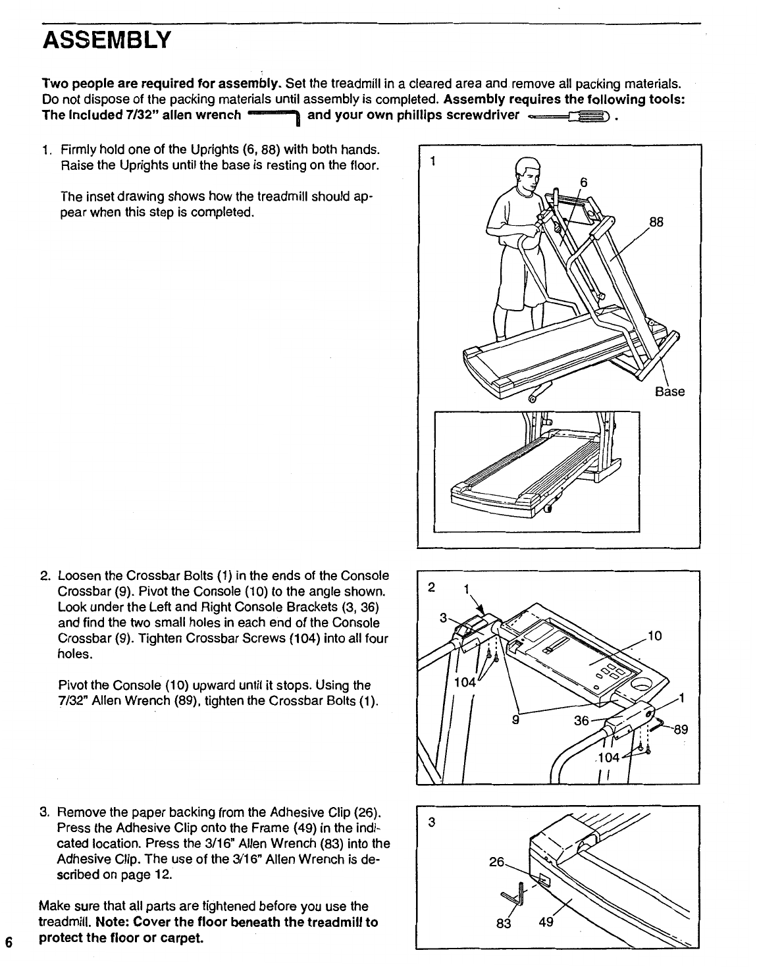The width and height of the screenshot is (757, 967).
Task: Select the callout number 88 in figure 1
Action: (x=656, y=222)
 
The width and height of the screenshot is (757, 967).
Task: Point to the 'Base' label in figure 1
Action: (x=669, y=392)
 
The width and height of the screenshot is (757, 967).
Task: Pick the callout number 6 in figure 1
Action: (x=583, y=182)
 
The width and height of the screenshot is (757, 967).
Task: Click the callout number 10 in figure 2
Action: (x=654, y=635)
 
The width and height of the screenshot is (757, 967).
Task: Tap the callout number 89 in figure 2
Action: (x=681, y=729)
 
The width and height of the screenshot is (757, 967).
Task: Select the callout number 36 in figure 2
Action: (x=581, y=721)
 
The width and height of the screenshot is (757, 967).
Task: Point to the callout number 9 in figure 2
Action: (x=516, y=719)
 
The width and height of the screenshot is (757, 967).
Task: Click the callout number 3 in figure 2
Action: (x=443, y=617)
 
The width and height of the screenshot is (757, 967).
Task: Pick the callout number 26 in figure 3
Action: (x=496, y=861)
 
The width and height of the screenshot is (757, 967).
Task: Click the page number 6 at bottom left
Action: (x=9, y=941)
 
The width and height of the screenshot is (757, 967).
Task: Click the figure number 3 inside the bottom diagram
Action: (x=431, y=822)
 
